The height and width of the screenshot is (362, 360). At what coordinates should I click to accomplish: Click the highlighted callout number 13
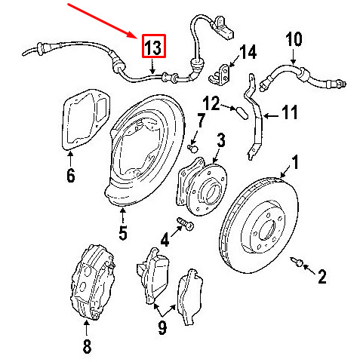(x=154, y=46)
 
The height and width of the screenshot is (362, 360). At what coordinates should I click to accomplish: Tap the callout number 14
(x=248, y=52)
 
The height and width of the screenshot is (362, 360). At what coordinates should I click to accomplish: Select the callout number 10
(x=294, y=39)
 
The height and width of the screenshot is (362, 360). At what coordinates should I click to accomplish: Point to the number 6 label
(x=71, y=175)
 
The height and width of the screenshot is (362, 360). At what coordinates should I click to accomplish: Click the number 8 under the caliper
(x=87, y=346)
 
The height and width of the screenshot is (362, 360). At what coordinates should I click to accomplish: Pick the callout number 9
(x=162, y=327)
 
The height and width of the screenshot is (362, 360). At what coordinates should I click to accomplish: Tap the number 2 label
(x=322, y=277)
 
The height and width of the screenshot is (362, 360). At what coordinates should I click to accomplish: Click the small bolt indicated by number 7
(x=193, y=148)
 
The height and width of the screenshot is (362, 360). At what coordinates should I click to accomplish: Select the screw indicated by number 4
(x=186, y=223)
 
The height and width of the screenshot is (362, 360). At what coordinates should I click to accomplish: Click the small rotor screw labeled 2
(x=296, y=262)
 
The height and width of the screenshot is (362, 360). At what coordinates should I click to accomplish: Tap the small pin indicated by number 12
(x=242, y=113)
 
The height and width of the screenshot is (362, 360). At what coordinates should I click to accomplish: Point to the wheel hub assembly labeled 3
(x=202, y=187)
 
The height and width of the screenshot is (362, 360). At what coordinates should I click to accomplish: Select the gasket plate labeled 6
(x=85, y=119)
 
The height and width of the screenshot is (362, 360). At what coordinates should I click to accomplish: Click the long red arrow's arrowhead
(x=134, y=35)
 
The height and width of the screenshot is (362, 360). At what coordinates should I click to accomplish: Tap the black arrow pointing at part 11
(x=271, y=116)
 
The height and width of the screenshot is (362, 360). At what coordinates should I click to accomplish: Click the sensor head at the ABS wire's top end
(x=223, y=28)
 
